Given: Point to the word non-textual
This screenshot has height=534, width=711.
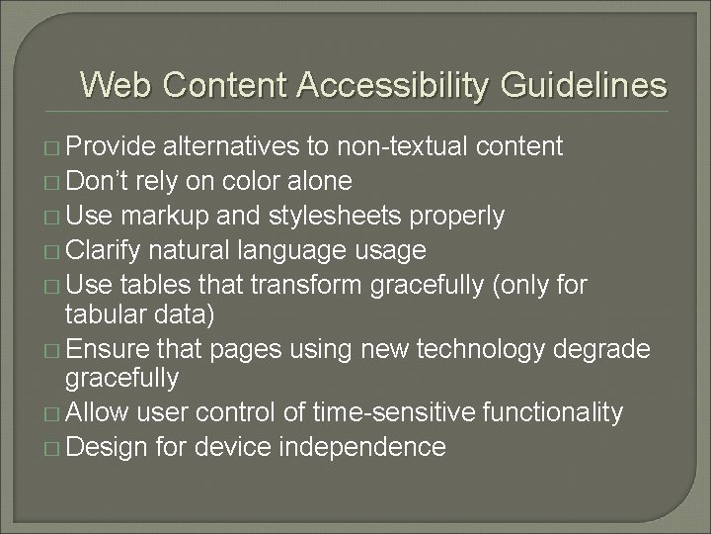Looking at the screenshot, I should pos(404,147).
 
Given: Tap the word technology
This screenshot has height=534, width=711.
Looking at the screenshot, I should pos(515,348).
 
